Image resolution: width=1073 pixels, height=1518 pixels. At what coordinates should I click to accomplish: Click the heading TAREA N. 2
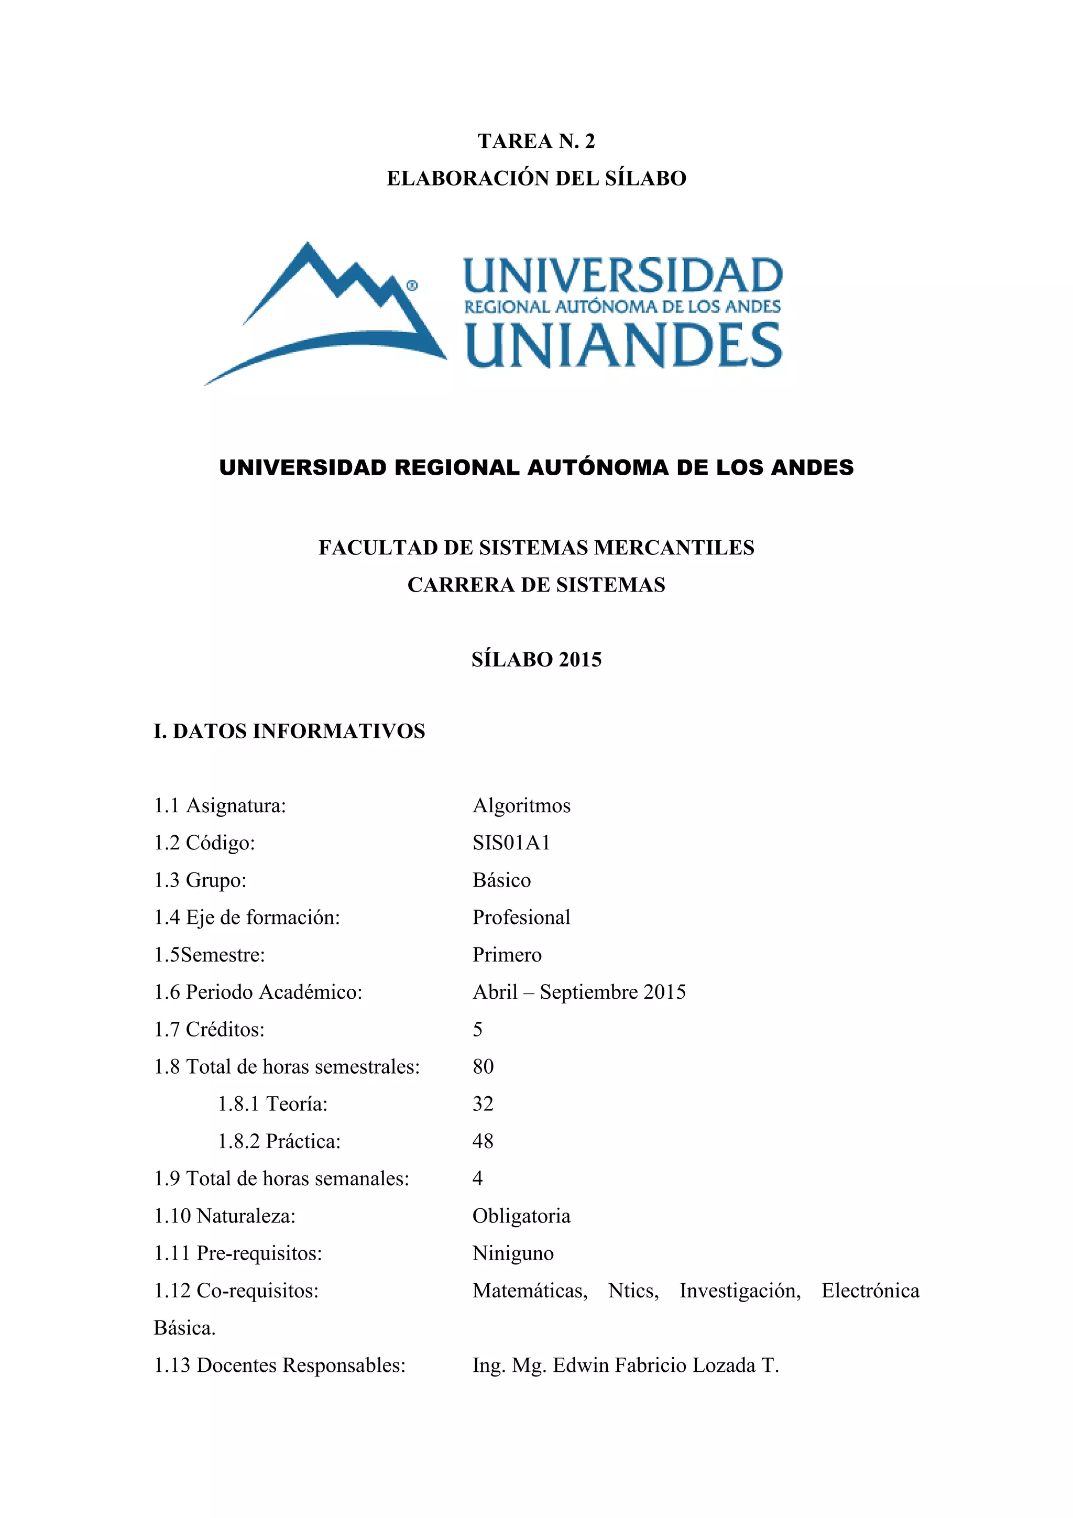[x=536, y=141]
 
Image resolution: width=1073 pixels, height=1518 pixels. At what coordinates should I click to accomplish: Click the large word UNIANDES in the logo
[x=623, y=345]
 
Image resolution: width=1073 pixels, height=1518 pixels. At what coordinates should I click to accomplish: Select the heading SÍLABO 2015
[x=536, y=659]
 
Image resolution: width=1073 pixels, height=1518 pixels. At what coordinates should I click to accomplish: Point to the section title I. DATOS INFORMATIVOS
[x=289, y=730]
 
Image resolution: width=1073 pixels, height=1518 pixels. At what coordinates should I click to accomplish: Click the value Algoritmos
[x=521, y=805]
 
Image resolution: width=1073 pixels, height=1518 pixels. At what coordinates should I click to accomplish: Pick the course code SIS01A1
[x=511, y=842]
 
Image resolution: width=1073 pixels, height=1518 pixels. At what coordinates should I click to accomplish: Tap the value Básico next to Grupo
[x=501, y=880]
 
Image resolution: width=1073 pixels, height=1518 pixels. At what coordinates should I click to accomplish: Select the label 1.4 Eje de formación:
[x=247, y=917]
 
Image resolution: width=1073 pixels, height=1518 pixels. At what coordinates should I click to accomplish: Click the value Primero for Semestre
[x=507, y=955]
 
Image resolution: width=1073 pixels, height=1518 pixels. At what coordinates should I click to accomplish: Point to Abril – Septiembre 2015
[x=579, y=992]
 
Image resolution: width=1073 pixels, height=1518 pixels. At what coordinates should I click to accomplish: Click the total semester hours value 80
[x=483, y=1066]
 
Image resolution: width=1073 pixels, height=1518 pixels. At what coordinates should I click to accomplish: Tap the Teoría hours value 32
[x=483, y=1104]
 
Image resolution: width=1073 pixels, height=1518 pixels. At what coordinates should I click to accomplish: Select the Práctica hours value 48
[x=483, y=1141]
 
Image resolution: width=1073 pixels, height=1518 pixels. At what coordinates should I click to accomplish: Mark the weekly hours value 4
[x=477, y=1178]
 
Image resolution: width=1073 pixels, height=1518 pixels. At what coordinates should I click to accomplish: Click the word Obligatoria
[x=521, y=1216]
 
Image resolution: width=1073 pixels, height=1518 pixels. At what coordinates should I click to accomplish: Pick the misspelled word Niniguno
[x=513, y=1253]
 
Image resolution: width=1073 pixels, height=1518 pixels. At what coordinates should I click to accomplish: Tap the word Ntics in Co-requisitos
[x=633, y=1291]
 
